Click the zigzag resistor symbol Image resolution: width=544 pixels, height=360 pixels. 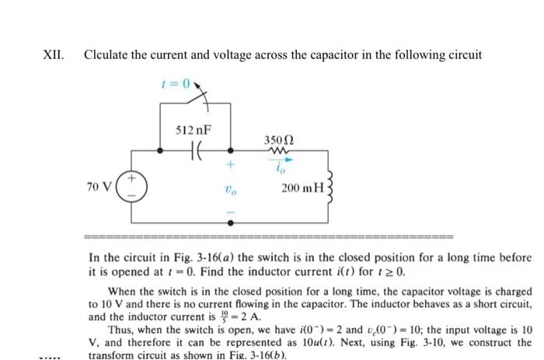click(x=277, y=152)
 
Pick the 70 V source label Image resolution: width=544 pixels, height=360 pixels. click(x=99, y=187)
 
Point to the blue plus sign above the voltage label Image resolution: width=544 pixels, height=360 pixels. click(x=230, y=166)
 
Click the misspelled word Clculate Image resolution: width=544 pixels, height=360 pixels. click(x=110, y=55)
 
